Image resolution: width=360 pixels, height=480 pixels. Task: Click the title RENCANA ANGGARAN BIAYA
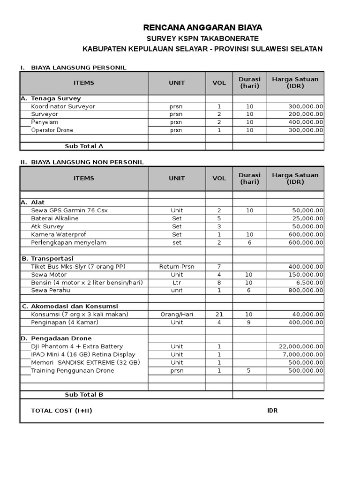202,28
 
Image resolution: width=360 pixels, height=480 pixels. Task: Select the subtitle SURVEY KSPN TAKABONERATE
202,38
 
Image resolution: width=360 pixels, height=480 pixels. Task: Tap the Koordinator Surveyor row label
63,106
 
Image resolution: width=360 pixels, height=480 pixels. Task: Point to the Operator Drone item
52,130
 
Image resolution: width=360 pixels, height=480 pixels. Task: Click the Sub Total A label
84,146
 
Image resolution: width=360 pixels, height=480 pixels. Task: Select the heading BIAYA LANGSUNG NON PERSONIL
87,162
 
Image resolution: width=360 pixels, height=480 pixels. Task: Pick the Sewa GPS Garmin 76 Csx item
69,210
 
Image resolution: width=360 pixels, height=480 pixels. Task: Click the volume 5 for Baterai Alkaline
219,218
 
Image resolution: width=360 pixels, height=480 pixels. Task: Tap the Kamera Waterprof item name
59,234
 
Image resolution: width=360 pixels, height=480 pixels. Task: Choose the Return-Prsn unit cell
177,267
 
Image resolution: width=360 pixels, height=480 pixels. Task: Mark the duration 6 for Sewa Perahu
249,291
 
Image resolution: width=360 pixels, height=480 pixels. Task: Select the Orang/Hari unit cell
177,315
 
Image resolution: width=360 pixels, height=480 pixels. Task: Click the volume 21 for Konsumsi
219,315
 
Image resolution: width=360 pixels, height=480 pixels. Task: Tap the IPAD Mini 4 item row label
83,354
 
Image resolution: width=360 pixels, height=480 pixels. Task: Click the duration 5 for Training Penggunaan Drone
249,371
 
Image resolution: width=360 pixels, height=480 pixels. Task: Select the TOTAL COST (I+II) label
61,411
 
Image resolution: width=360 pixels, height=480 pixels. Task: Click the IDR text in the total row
272,411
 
